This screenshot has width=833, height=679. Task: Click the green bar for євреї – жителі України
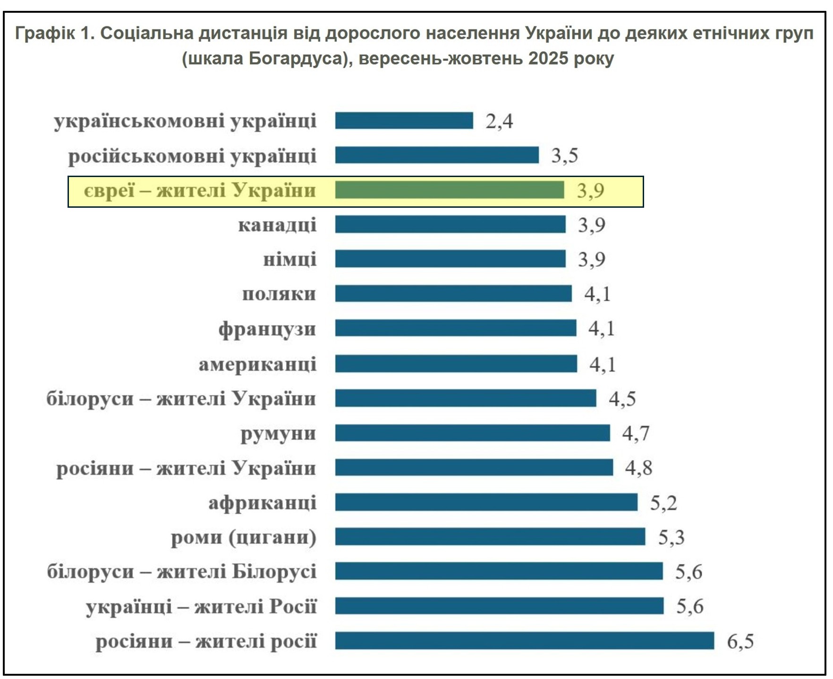click(x=449, y=190)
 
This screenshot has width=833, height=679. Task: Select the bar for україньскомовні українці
click(x=404, y=120)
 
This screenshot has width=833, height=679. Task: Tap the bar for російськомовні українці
click(x=437, y=155)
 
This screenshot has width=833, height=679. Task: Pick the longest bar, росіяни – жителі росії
click(x=524, y=641)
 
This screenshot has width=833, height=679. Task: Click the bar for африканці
click(x=486, y=502)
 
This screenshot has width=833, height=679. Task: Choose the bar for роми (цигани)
click(x=490, y=537)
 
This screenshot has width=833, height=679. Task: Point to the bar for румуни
click(x=472, y=433)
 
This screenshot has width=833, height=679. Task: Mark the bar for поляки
click(x=453, y=294)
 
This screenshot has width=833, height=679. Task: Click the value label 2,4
click(x=499, y=121)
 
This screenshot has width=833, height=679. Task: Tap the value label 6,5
click(x=740, y=642)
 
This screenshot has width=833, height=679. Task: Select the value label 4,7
click(x=636, y=433)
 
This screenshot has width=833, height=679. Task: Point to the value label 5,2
click(x=663, y=503)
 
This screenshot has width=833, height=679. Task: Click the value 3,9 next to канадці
click(x=592, y=225)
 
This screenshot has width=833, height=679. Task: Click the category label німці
click(x=289, y=260)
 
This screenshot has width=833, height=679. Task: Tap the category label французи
click(x=267, y=329)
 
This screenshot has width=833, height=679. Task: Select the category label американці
click(x=257, y=364)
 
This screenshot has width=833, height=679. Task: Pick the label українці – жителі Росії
click(x=201, y=606)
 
